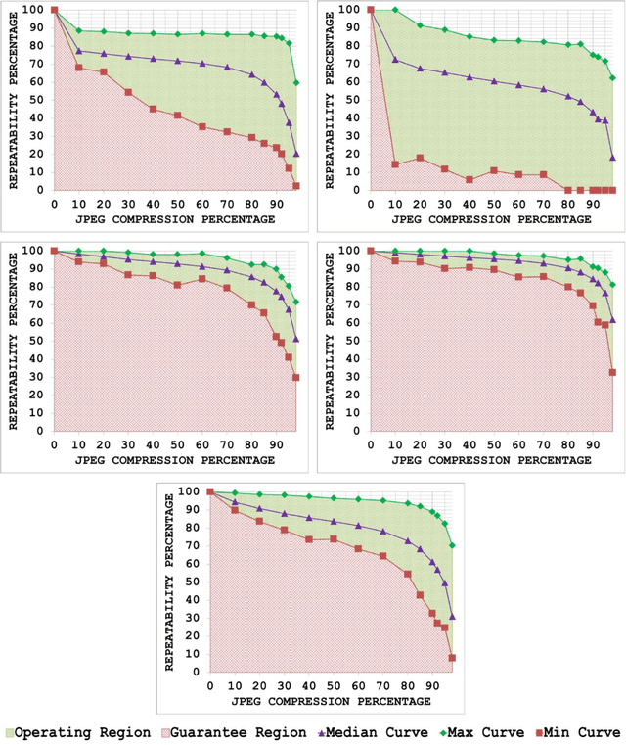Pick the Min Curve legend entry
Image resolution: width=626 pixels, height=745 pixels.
(575, 730)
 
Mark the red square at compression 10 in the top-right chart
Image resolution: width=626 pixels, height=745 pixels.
(395, 164)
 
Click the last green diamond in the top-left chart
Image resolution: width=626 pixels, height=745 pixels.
(296, 83)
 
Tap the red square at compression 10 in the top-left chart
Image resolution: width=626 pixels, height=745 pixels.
(79, 68)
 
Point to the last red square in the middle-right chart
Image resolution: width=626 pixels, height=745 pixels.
(612, 372)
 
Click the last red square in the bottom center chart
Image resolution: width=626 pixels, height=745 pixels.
(452, 658)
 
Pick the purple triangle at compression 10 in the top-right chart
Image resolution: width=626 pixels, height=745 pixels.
(395, 60)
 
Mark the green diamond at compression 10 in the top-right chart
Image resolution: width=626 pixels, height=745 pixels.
(395, 10)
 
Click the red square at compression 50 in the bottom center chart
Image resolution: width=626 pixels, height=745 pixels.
(334, 539)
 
